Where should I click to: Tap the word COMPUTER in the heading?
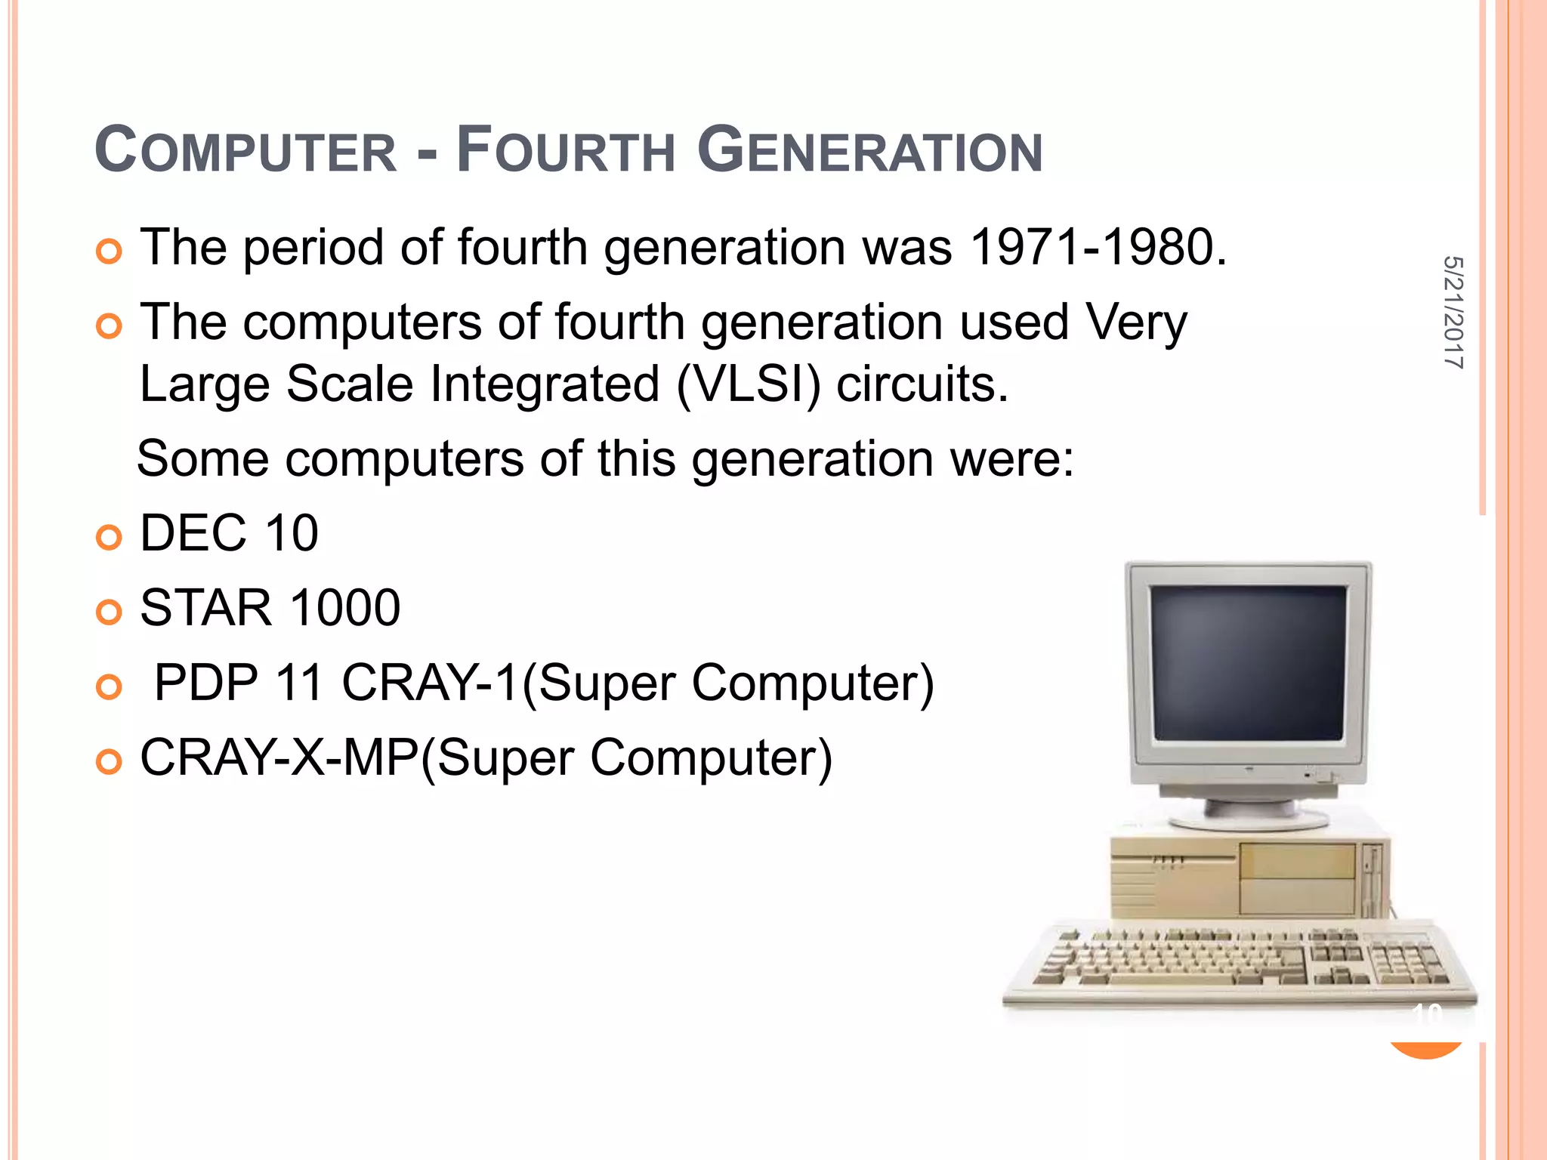click(245, 150)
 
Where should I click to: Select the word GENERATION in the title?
click(869, 150)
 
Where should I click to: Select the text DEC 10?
click(229, 533)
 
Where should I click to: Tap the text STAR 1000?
click(270, 608)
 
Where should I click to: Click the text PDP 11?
click(239, 683)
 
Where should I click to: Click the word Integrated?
click(545, 384)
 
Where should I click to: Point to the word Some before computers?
click(203, 459)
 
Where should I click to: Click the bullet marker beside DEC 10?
click(110, 538)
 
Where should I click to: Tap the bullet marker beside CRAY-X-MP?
click(110, 762)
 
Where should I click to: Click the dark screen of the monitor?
click(1248, 662)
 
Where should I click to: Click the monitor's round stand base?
click(1248, 819)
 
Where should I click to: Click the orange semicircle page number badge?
click(1426, 1047)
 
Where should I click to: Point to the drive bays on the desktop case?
click(1297, 878)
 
